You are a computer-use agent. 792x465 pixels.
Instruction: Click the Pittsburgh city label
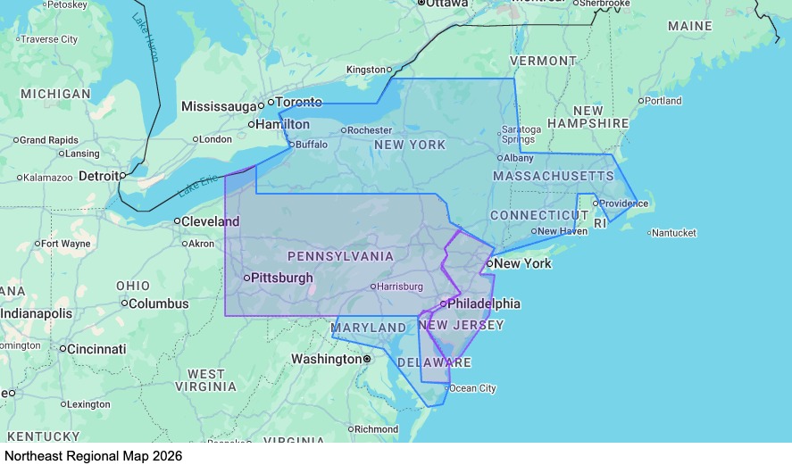click(282, 278)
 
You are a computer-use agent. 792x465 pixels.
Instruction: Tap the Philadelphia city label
click(483, 303)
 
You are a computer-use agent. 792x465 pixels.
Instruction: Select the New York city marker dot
click(489, 263)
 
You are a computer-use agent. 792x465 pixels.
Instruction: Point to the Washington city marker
click(366, 359)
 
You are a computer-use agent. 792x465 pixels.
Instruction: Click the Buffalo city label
click(312, 144)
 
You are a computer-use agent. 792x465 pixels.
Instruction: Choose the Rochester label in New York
click(369, 130)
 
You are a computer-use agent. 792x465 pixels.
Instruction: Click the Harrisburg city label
click(399, 286)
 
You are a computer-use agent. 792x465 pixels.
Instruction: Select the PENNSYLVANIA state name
click(340, 256)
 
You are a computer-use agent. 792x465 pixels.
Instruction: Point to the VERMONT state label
click(543, 61)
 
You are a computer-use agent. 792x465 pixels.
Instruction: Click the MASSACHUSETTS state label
click(554, 177)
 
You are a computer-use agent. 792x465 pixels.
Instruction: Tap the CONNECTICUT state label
click(539, 216)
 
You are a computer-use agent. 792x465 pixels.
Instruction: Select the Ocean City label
click(472, 388)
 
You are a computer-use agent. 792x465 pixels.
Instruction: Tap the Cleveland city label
click(211, 220)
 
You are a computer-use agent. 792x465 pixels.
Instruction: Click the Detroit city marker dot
click(122, 176)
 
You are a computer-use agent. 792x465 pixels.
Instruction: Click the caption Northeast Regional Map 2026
click(93, 455)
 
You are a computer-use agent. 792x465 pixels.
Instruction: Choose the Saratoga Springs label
click(519, 134)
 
